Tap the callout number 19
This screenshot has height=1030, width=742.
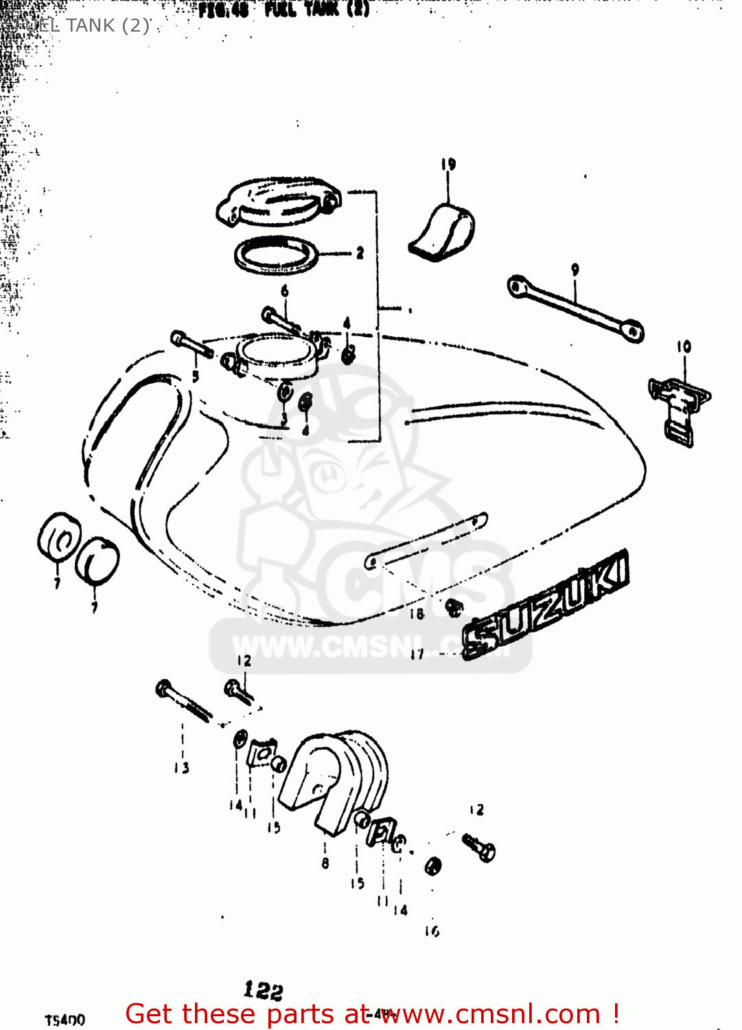coord(448,164)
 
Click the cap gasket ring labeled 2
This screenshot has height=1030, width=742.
coord(276,255)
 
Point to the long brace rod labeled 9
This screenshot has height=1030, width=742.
coord(575,309)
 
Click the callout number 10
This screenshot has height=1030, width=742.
coord(684,347)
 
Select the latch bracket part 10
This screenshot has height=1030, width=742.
coord(679,409)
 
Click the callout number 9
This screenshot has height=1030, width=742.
coord(575,270)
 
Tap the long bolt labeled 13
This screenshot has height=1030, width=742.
coord(183,700)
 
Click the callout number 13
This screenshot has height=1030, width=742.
coord(181,768)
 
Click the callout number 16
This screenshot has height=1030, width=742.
coord(431,931)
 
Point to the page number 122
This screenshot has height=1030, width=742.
coord(263,990)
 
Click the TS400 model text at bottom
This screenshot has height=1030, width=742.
coord(65,1020)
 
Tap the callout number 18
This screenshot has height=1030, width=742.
coord(417,613)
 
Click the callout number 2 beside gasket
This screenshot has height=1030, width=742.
coord(360,253)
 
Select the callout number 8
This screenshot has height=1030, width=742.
coord(325,863)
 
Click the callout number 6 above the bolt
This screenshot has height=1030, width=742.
coord(284,291)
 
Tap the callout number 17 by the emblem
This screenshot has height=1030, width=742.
coord(417,654)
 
